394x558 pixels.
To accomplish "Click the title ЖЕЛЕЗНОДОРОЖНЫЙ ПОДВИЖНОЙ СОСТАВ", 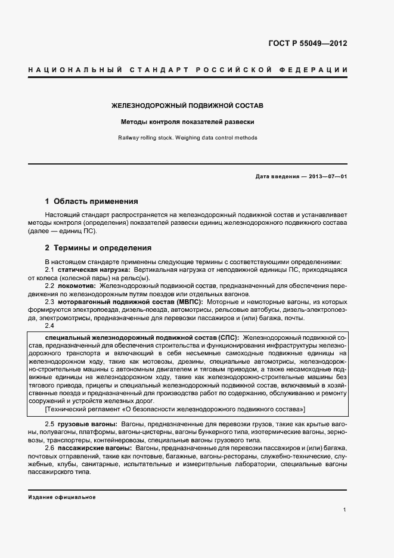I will [x=188, y=106].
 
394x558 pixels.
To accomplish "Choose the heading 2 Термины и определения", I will [x=98, y=247].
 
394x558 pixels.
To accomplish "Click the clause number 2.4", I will [x=49, y=325].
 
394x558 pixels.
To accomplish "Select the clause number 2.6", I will [x=49, y=447].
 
